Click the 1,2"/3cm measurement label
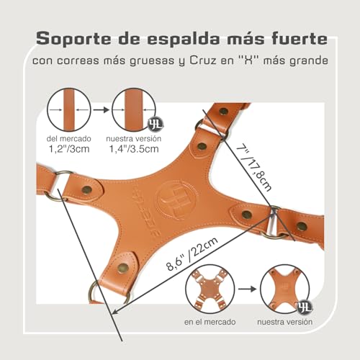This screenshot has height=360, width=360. click(69, 149)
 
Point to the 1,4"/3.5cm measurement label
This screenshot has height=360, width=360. click(134, 149)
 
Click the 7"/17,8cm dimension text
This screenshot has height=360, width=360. click(254, 168)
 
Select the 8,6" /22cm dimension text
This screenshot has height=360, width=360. click(192, 254)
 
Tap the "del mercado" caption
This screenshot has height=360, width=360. click(69, 139)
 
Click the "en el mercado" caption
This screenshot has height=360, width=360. click(210, 322)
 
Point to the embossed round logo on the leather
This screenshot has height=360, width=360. click(176, 199)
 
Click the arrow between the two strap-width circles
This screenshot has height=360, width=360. click(101, 110)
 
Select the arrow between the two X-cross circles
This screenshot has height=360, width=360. click(247, 289)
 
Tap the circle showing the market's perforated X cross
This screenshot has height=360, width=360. click(210, 289)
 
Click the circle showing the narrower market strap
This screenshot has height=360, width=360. click(69, 109)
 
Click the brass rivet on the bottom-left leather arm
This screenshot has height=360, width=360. click(123, 268)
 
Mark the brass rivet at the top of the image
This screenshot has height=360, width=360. click(224, 112)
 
